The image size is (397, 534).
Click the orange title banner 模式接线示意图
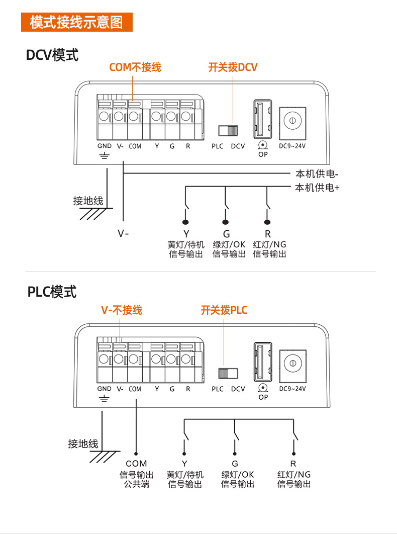pos(76,23)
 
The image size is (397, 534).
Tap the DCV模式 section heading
pos(52,55)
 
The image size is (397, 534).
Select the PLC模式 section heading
pos(52,292)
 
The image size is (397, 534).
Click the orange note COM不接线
pos(135,67)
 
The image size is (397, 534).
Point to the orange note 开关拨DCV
pos(233,67)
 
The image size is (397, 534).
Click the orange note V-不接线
pos(122,310)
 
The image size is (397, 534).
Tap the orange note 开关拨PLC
pos(224,310)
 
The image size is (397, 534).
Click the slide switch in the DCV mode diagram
pos(228,131)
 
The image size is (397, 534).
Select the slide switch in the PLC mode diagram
pos(228,373)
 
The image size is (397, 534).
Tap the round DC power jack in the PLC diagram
pos(292,363)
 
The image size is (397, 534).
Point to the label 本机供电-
pos(317,174)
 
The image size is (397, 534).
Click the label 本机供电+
pos(317,188)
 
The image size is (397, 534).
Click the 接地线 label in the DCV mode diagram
pos(88,201)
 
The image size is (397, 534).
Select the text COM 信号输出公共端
pos(136,474)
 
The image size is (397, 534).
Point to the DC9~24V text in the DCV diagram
pos(292,146)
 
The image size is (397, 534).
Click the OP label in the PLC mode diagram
pos(263,397)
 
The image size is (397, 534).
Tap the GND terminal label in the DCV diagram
pos(105,146)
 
